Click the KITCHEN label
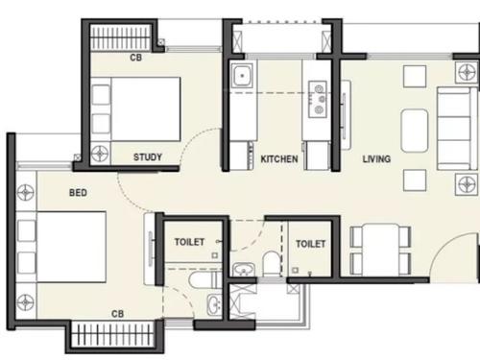(x=278, y=159)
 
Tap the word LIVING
(x=376, y=159)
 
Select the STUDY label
(x=147, y=157)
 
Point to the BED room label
(x=79, y=193)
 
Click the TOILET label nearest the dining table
(x=309, y=244)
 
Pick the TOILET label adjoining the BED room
(x=189, y=243)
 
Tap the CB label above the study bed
(x=135, y=59)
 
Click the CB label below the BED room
(x=117, y=314)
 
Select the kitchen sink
(x=241, y=75)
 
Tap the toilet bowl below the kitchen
(x=272, y=263)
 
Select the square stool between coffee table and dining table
(x=414, y=180)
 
